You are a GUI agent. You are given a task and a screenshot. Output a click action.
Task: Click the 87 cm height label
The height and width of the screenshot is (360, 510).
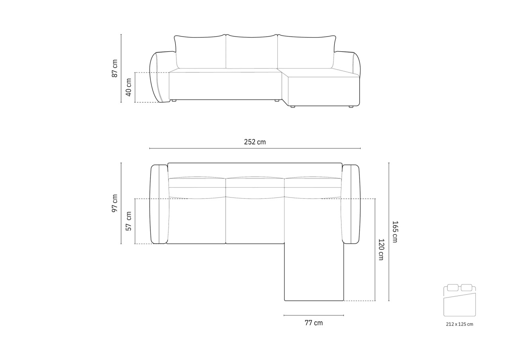coord(115,68)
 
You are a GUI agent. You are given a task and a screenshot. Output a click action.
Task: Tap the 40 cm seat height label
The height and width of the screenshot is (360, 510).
coord(128,87)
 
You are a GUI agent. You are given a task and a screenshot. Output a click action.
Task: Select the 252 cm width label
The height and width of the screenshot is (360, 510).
coord(255,142)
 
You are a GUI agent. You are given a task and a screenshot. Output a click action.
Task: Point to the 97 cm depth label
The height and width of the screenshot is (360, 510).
coord(115,203)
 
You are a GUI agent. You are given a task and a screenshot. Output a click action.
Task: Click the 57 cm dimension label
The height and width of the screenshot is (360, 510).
coord(129,221)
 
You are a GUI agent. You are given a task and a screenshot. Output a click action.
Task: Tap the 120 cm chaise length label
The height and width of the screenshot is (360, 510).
coord(381,249)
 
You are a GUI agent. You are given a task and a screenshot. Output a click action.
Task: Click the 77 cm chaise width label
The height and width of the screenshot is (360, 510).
coord(314,323)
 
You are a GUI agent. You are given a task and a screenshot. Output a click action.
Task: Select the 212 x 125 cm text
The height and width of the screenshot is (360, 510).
coord(459,324)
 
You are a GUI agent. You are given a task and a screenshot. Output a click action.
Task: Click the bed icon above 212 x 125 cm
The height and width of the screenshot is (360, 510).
coord(459,300)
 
